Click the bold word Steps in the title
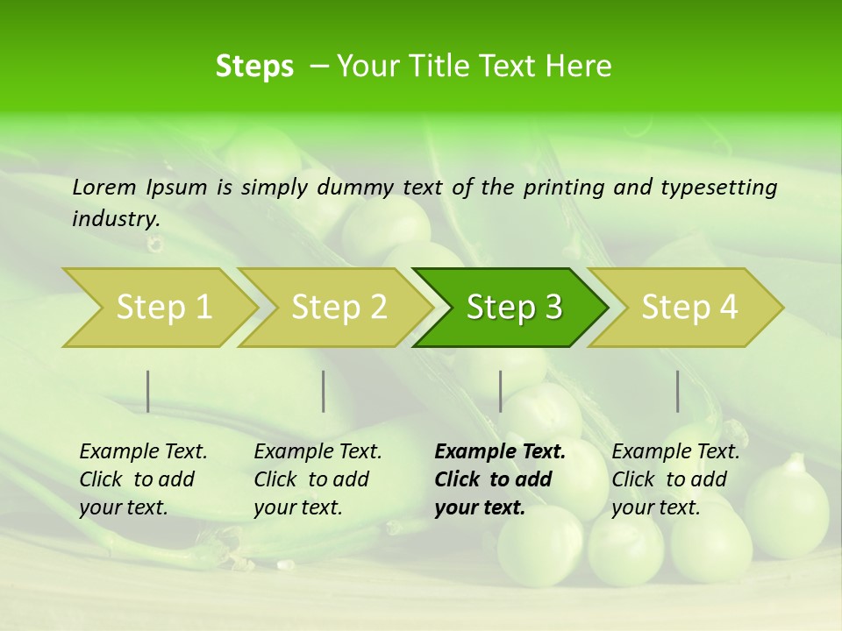pyautogui.click(x=254, y=66)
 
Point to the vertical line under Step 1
pyautogui.click(x=148, y=391)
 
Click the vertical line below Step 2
pyautogui.click(x=324, y=391)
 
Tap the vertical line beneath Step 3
pyautogui.click(x=501, y=391)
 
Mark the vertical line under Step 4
pyautogui.click(x=678, y=391)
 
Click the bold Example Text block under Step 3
pyautogui.click(x=500, y=479)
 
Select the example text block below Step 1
pyautogui.click(x=143, y=479)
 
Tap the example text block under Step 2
pyautogui.click(x=318, y=479)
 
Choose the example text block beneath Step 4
pyautogui.click(x=675, y=479)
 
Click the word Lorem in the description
pyautogui.click(x=104, y=188)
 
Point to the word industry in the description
pyautogui.click(x=115, y=219)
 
